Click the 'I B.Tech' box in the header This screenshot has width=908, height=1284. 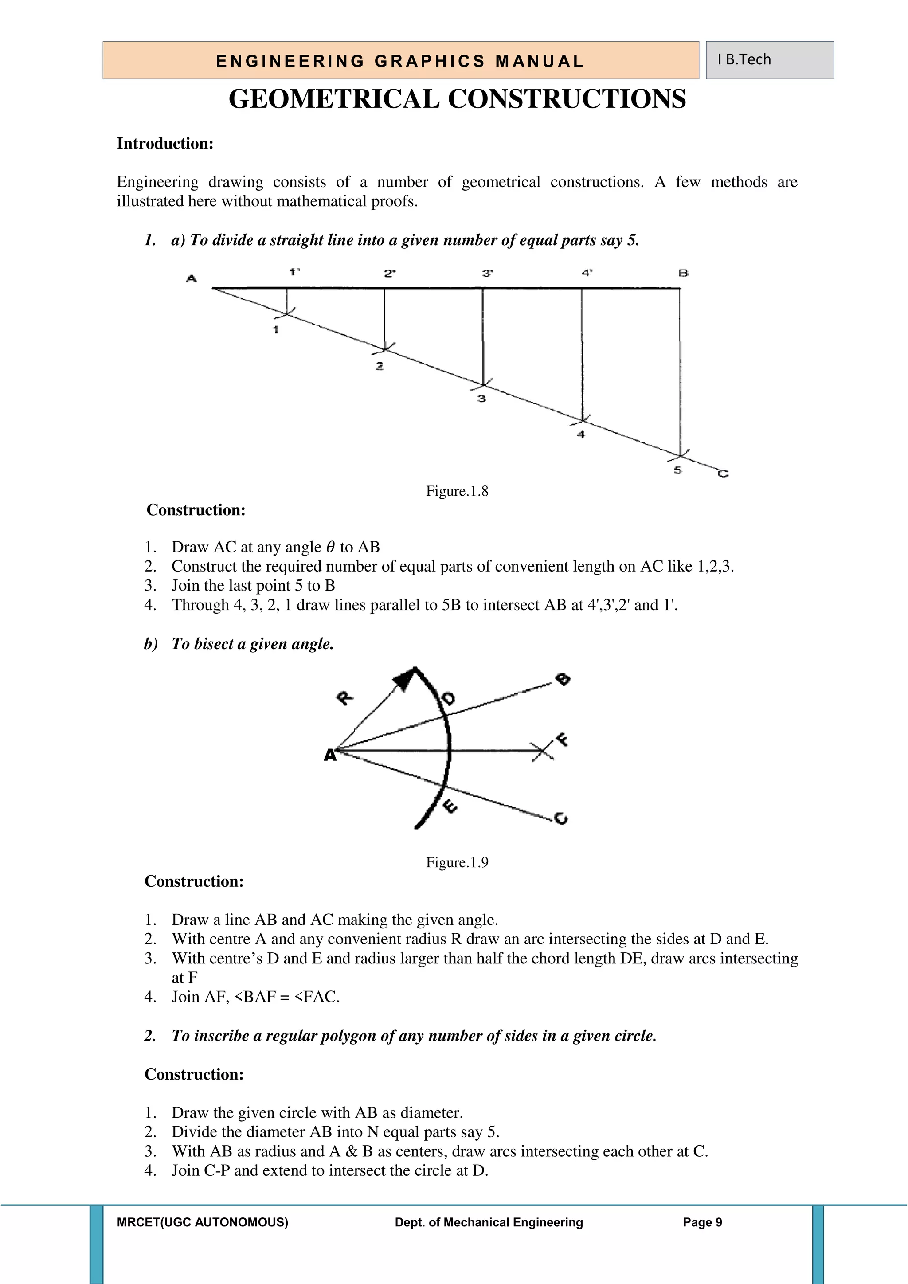[x=769, y=60]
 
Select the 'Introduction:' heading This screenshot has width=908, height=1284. [x=165, y=144]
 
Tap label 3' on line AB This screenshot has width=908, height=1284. [x=488, y=274]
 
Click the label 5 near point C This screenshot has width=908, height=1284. [x=677, y=470]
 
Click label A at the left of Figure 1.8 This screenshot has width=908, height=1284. [x=191, y=278]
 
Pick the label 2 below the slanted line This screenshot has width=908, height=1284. [x=379, y=366]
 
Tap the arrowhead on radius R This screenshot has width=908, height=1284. [x=404, y=678]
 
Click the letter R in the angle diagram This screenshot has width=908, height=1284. [x=344, y=698]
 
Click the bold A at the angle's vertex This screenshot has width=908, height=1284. [x=330, y=756]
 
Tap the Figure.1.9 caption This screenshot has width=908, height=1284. [x=457, y=862]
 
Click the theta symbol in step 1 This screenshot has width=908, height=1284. [x=330, y=547]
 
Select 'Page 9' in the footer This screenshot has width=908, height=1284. [x=702, y=1222]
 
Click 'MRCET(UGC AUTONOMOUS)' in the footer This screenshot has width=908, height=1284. [x=203, y=1222]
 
